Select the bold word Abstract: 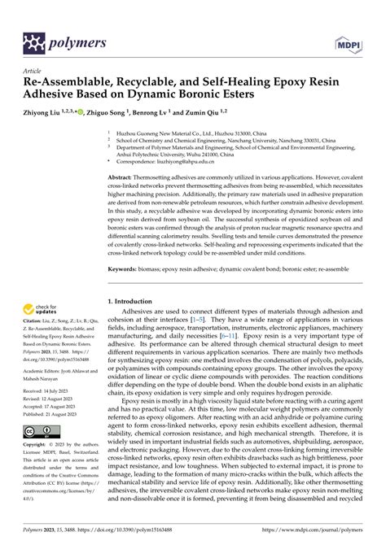124,176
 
